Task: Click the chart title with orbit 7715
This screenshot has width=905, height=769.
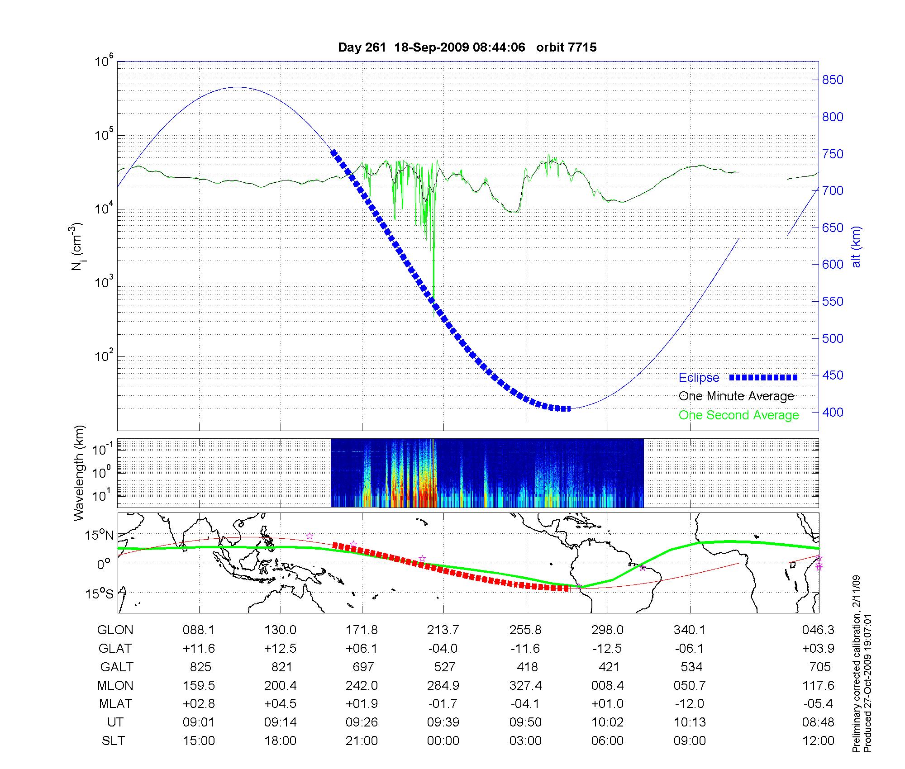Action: pos(467,47)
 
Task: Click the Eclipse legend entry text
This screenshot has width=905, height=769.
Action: pos(699,378)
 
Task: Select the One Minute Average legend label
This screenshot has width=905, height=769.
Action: pos(736,396)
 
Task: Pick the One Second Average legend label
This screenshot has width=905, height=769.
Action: pos(738,415)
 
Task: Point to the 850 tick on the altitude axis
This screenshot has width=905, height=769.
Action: pos(833,80)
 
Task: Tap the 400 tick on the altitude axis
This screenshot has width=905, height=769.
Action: pos(833,412)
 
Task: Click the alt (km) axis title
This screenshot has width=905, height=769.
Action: pos(856,247)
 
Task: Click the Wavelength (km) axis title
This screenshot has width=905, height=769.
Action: pos(79,473)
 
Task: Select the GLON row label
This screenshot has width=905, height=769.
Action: pos(115,630)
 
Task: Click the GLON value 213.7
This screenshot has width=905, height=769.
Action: pos(443,630)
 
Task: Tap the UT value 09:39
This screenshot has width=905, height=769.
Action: pos(443,722)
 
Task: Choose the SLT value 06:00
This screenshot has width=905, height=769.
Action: pos(607,741)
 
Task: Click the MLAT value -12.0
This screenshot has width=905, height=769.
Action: pos(689,703)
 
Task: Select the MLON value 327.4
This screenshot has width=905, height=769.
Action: pos(525,685)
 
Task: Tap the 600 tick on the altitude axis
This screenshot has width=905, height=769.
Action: pos(833,265)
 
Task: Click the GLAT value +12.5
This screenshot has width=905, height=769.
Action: pos(281,648)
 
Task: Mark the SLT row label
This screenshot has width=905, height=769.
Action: pos(113,741)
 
